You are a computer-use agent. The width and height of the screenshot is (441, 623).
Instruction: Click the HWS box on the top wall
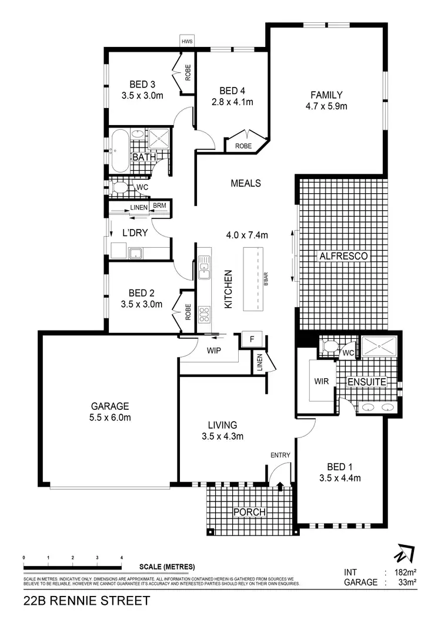(x=187, y=42)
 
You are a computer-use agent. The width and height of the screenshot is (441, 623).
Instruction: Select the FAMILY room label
(x=326, y=95)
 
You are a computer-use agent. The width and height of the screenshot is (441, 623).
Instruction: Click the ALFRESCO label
(x=344, y=256)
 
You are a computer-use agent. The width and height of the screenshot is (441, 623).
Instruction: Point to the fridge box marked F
(x=252, y=339)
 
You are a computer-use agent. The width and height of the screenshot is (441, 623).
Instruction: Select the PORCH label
(x=249, y=512)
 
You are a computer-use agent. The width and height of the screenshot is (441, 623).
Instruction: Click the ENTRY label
(x=280, y=455)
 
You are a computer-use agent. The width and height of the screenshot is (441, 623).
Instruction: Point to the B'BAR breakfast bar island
(x=258, y=279)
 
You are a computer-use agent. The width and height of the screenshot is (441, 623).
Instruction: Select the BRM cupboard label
(x=159, y=206)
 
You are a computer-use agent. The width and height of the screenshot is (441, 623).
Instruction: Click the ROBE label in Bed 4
(x=243, y=146)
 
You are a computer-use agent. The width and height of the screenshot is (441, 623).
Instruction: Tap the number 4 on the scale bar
(x=121, y=557)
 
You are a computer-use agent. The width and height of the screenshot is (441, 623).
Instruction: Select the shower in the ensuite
(x=380, y=347)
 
